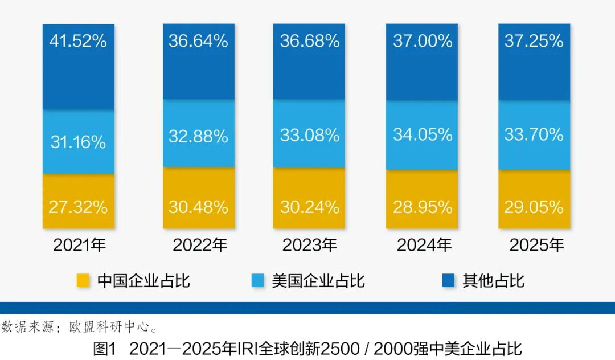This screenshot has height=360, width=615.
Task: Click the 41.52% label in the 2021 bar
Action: [79, 41]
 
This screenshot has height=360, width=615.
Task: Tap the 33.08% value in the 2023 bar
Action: [310, 136]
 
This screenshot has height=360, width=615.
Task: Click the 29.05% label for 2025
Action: [534, 207]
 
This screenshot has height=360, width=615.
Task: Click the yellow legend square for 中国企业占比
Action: [83, 280]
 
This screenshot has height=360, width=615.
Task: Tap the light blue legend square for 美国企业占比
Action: [257, 280]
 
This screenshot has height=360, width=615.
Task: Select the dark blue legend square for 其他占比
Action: [448, 280]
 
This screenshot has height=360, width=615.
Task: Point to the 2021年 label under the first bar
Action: [80, 245]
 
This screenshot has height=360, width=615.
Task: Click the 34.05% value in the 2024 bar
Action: [423, 134]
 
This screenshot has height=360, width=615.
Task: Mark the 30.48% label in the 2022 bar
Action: [198, 207]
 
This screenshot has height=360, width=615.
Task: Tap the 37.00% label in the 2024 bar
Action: [423, 41]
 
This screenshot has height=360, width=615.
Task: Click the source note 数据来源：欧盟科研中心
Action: [80, 326]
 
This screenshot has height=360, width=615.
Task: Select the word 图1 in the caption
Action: [105, 348]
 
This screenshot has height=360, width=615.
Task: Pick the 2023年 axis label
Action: [310, 245]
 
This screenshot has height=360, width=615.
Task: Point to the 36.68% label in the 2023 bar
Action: [310, 41]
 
